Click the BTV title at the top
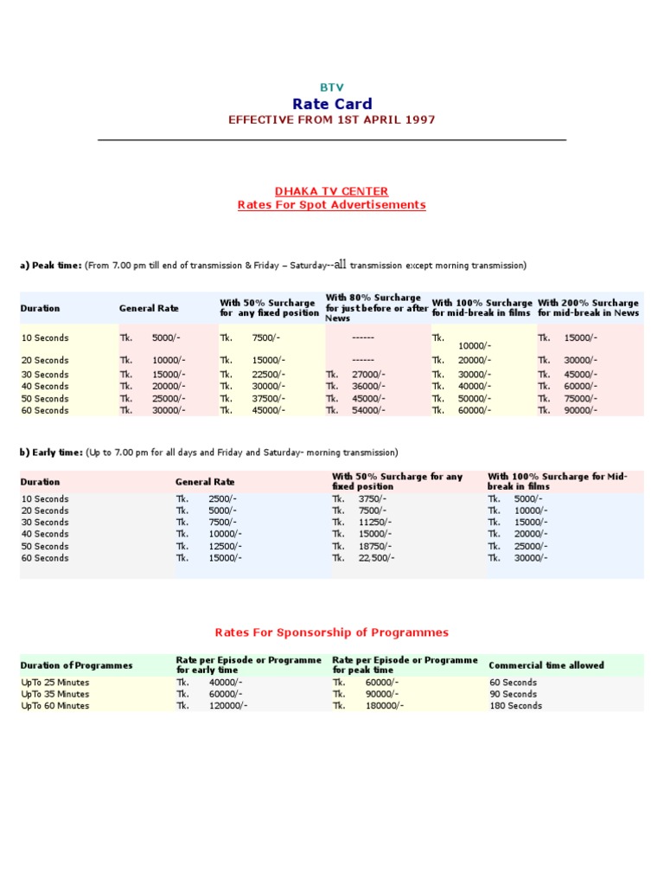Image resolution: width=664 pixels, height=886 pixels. (331, 87)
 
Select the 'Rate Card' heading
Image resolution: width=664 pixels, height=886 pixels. (331, 104)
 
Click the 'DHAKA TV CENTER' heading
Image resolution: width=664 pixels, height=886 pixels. (331, 191)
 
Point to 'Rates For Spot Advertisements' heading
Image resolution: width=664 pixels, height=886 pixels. (331, 205)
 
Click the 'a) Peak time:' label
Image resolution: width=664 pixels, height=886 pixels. (52, 266)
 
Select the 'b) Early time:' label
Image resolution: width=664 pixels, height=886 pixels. (52, 453)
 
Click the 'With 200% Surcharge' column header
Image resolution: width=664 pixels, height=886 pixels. (588, 303)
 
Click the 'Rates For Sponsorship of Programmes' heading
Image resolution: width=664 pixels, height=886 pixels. (331, 632)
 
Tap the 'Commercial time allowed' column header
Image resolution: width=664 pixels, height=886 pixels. (546, 665)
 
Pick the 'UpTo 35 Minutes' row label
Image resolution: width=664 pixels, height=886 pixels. (55, 694)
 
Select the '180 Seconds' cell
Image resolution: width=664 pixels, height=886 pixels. (515, 706)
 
